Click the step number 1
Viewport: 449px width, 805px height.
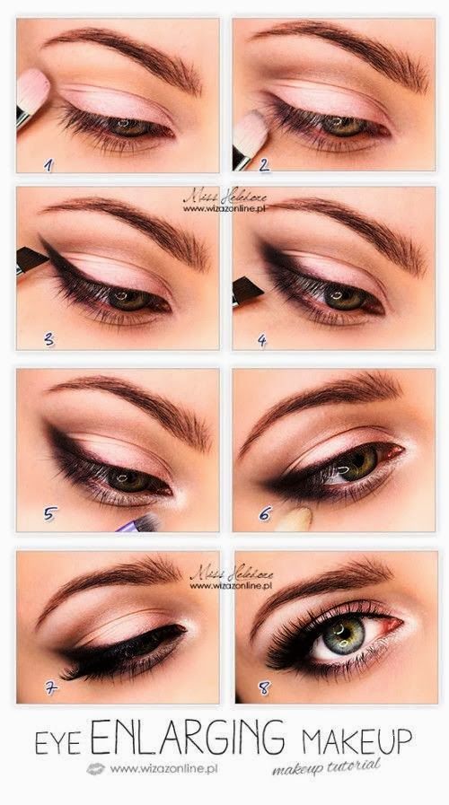point(49,164)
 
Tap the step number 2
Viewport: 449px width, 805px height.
point(264,164)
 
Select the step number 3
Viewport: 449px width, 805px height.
point(49,340)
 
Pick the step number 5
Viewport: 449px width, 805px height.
point(51,514)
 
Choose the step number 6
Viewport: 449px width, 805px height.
point(265,514)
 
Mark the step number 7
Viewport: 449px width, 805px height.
point(52,689)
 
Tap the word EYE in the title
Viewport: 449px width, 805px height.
point(61,743)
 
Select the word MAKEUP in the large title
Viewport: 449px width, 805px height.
point(357,741)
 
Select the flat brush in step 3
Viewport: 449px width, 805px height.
point(31,260)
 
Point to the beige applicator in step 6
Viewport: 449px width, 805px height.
point(295,520)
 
